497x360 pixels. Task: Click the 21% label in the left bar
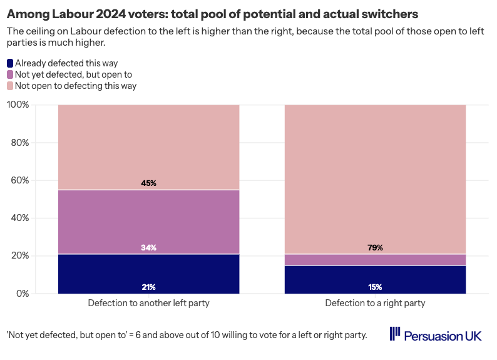[148, 287]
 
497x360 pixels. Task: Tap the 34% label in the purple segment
[148, 248]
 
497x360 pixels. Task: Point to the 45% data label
[148, 183]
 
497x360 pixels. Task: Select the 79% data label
[376, 248]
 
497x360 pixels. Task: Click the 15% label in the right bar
[376, 287]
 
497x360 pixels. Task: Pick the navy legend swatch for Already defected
[10, 63]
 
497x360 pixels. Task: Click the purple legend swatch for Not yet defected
[10, 75]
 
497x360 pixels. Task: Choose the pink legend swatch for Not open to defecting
[10, 86]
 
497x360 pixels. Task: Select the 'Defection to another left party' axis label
[148, 304]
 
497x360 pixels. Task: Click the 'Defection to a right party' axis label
[375, 304]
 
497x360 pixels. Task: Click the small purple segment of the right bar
[376, 260]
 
